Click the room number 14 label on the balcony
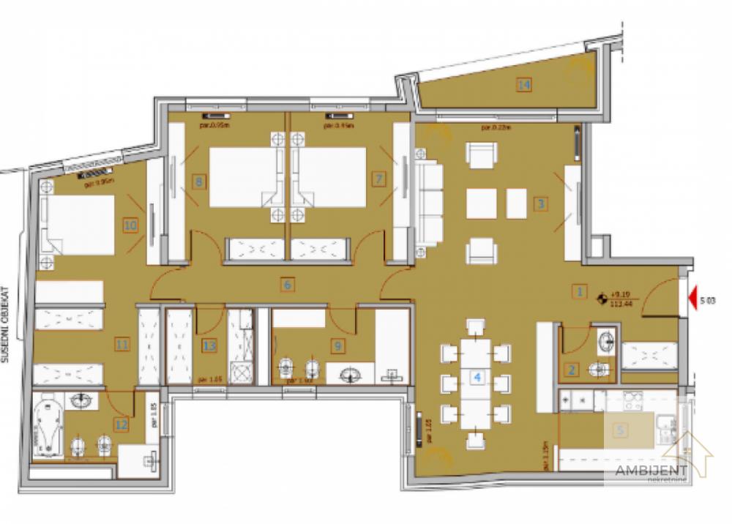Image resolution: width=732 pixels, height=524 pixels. (x=523, y=85)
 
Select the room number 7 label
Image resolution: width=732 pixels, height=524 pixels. (x=378, y=178)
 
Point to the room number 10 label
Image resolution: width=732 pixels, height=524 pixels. (x=130, y=226)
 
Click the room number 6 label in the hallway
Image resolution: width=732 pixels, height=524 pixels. (x=288, y=285)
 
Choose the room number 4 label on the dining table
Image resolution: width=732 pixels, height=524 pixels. (x=477, y=378)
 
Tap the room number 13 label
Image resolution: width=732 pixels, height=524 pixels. (x=209, y=346)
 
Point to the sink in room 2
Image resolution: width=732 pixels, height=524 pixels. (x=605, y=343)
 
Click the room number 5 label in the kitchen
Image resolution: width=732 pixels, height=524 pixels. (x=621, y=430)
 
